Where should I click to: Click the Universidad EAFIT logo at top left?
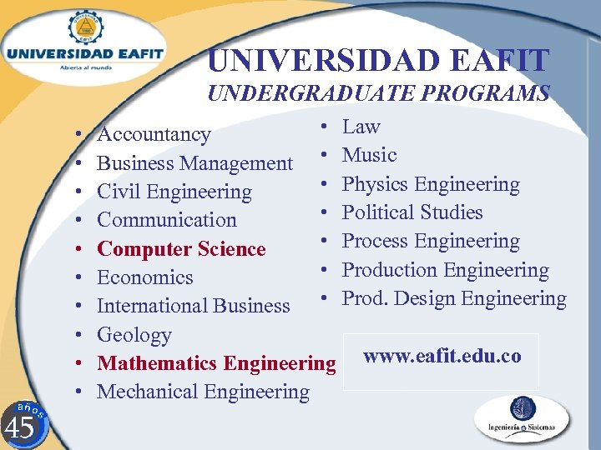[84, 47]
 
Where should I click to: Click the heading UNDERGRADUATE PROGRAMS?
[378, 92]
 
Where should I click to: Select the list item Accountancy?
[154, 134]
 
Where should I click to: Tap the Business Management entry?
[194, 163]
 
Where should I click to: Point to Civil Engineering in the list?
[174, 192]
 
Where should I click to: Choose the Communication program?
[167, 220]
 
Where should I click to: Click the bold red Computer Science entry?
[181, 249]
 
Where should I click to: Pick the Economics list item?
[144, 277]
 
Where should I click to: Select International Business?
[193, 306]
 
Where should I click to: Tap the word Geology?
[134, 335]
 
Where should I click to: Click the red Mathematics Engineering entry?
[216, 363]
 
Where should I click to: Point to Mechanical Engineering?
[203, 392]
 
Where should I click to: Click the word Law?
[361, 127]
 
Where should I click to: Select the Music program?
[369, 155]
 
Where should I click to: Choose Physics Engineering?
[431, 184]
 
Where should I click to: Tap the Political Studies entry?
[412, 212]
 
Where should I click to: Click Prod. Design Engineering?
[454, 298]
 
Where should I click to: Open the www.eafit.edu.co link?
[442, 357]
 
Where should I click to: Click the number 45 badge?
[20, 424]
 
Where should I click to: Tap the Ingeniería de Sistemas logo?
[522, 419]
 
